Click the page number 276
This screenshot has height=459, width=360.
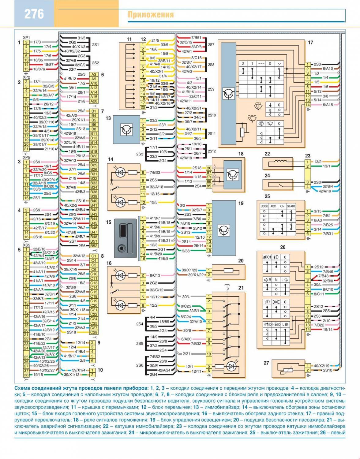pos(34,14)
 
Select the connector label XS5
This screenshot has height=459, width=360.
pos(27,245)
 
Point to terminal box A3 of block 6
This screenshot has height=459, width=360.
pos(94,74)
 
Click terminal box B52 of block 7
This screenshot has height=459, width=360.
pos(94,246)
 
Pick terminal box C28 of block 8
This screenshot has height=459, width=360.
pos(94,332)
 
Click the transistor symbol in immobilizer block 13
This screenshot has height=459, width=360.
pos(126,130)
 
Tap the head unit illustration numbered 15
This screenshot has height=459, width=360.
pos(125,238)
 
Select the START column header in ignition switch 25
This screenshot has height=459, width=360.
pos(291,206)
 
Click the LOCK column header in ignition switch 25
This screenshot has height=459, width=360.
pos(264,206)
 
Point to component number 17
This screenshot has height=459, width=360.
pos(310,43)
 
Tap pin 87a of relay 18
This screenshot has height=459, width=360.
pos(209,177)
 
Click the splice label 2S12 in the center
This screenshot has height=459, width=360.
pos(212,151)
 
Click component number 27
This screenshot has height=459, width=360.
pos(266,363)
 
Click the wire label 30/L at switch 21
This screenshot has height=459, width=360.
pos(186,297)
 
